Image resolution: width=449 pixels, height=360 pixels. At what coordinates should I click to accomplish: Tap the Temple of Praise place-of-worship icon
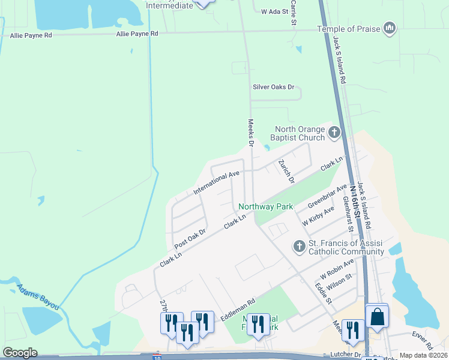tap(390, 28)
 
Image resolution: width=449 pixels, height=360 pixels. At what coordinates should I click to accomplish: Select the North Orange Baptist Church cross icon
tap(334, 133)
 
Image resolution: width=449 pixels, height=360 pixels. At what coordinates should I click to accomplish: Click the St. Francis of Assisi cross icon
tap(299, 246)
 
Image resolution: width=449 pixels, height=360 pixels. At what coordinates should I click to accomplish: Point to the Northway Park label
tap(266, 206)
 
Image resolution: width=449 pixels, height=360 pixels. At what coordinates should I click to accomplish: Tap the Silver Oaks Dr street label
tap(274, 86)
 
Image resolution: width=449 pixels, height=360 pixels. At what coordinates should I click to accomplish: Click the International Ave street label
tap(216, 183)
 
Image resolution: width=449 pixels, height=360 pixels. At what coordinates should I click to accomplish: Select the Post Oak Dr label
tap(190, 238)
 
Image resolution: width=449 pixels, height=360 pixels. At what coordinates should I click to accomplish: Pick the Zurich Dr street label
tap(286, 171)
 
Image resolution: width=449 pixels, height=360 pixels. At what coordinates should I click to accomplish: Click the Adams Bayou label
tap(38, 296)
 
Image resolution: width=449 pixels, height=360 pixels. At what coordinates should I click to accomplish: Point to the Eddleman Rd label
tap(238, 309)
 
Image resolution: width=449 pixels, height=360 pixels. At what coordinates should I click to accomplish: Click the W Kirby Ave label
tap(318, 216)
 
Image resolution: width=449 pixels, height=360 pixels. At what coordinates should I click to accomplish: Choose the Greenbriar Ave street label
tap(327, 196)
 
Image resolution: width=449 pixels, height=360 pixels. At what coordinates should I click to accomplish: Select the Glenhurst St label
tap(348, 213)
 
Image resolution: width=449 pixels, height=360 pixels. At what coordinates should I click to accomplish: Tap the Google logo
tap(20, 353)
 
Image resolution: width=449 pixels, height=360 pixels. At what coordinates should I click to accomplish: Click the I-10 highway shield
tap(157, 356)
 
